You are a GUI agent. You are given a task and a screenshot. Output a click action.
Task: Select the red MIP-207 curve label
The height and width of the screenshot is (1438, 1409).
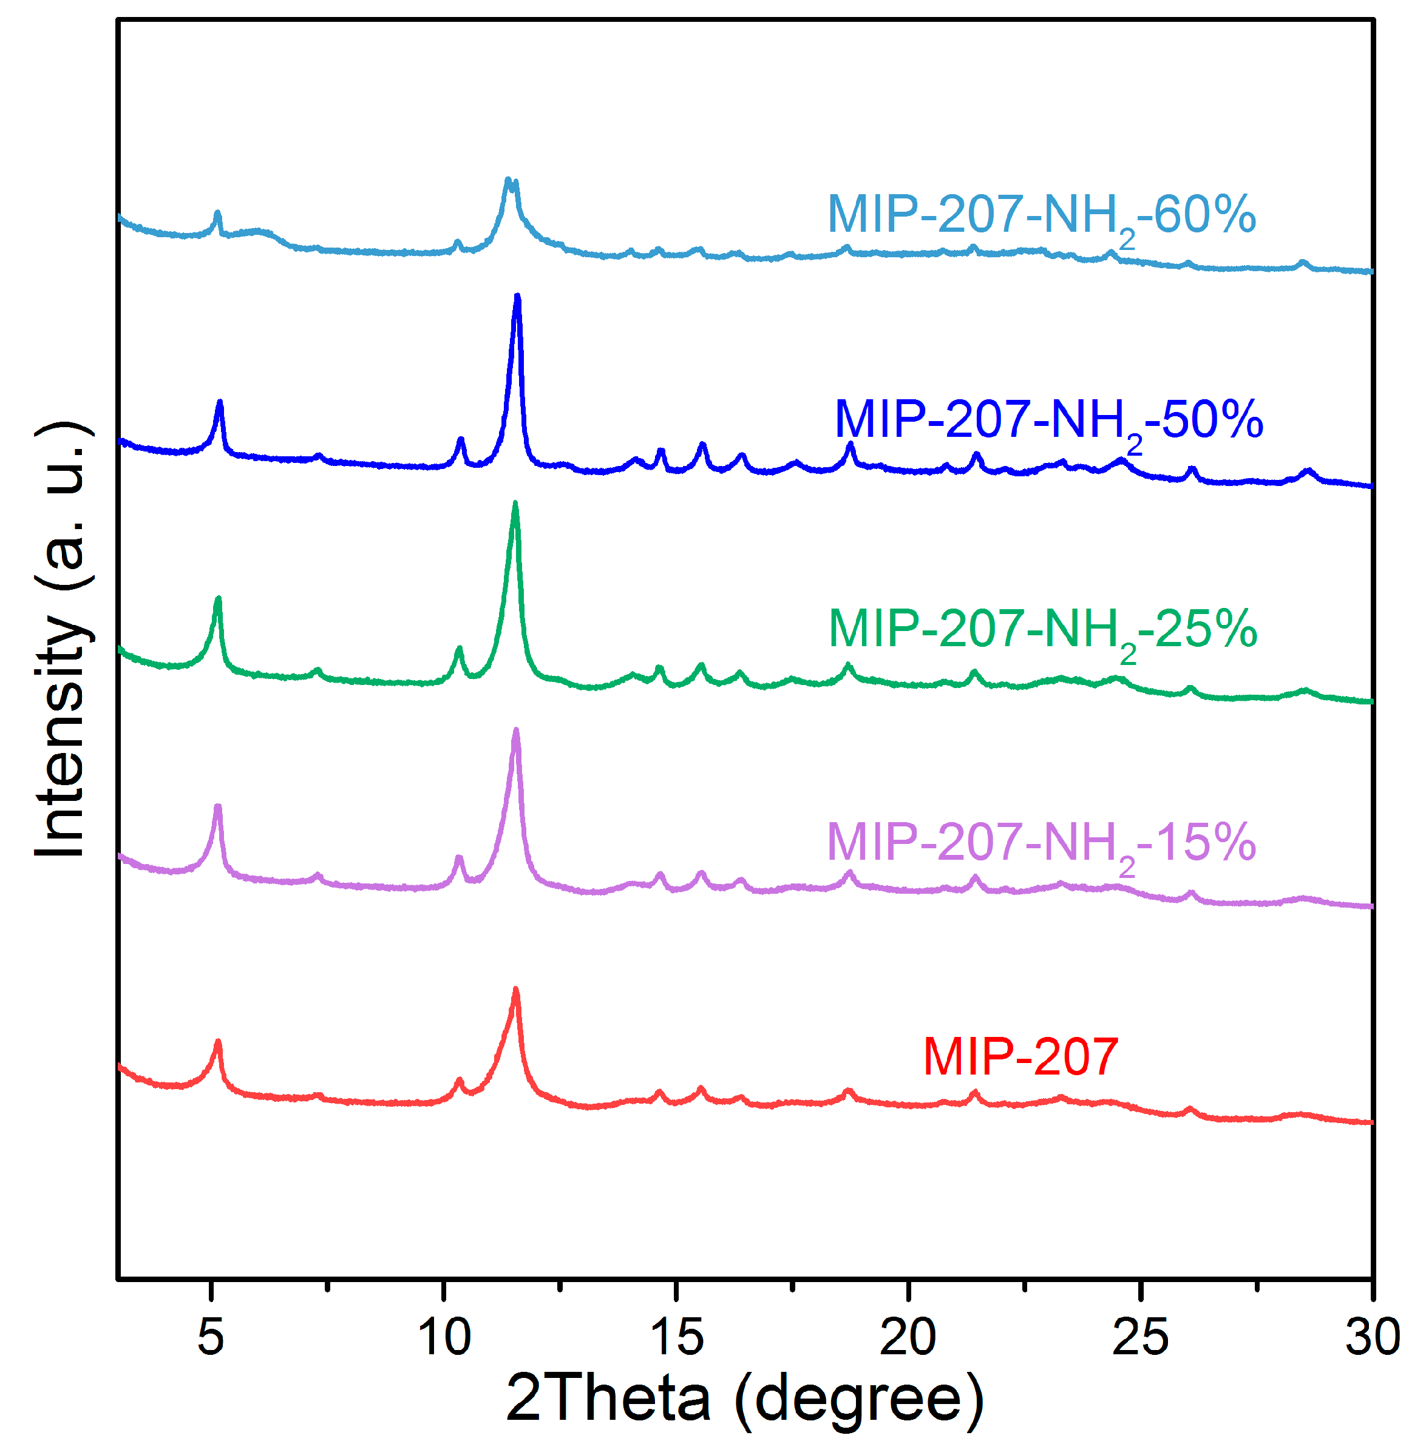click(x=1020, y=1057)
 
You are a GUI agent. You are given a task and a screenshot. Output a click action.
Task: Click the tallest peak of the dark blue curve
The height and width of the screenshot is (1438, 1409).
click(x=517, y=297)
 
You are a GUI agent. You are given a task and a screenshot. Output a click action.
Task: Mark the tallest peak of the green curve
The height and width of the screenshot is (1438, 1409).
click(x=515, y=504)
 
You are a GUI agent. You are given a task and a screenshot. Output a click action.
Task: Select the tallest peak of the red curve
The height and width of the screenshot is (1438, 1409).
click(x=516, y=990)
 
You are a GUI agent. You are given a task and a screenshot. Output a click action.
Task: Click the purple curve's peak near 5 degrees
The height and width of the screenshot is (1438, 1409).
click(x=217, y=806)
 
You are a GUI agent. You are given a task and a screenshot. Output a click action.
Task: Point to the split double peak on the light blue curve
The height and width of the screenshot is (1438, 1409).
click(x=511, y=181)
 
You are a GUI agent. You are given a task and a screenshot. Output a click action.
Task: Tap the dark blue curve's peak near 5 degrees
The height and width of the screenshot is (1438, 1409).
click(x=219, y=402)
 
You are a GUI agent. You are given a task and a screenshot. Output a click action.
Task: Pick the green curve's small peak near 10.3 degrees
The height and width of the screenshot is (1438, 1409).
click(x=459, y=649)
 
